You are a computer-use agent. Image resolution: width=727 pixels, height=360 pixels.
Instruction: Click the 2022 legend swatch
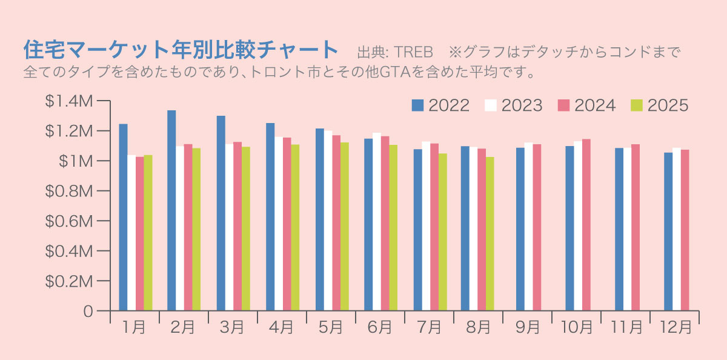pos(418,105)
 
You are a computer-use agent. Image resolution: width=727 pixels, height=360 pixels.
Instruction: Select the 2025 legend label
pos(668,105)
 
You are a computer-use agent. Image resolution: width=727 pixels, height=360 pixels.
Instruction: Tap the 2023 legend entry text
pos(522,105)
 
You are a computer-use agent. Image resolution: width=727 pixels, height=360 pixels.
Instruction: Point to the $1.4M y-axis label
pos(68,102)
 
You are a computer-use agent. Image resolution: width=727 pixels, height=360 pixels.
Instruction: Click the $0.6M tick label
pos(68,221)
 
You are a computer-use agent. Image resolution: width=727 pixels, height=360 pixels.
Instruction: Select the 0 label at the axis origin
pos(88,312)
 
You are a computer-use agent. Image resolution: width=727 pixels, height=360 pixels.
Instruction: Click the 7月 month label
pos(430,327)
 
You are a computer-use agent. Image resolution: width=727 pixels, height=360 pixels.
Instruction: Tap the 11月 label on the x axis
pos(626,327)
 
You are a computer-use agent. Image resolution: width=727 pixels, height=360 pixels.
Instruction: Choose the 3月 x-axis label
pos(232,327)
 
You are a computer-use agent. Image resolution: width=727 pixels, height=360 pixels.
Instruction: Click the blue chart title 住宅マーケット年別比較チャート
pos(180,48)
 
